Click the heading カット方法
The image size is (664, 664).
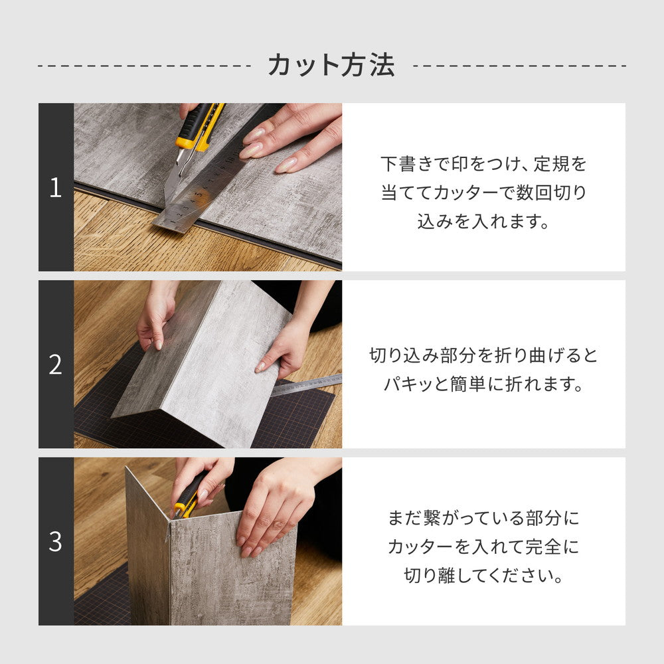click(331, 65)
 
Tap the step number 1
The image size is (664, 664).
click(56, 188)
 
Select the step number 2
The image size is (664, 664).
click(56, 365)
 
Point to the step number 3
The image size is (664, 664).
click(56, 542)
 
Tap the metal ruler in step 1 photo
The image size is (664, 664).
click(199, 193)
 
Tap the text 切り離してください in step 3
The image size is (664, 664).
click(483, 576)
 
